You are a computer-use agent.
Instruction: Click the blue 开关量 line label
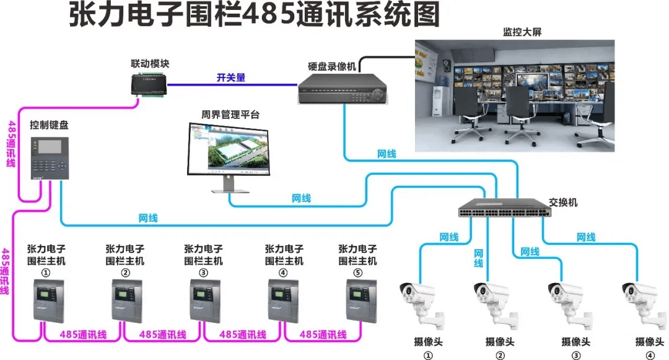click(230, 77)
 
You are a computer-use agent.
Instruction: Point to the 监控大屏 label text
click(522, 32)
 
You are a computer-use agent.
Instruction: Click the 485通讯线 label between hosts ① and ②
click(84, 335)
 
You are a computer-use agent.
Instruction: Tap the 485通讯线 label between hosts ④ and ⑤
click(322, 335)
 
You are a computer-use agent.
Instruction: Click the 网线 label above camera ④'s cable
click(585, 237)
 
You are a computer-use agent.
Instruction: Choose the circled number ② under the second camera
click(500, 355)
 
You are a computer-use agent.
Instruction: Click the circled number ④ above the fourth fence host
click(284, 273)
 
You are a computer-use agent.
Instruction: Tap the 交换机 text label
click(563, 203)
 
